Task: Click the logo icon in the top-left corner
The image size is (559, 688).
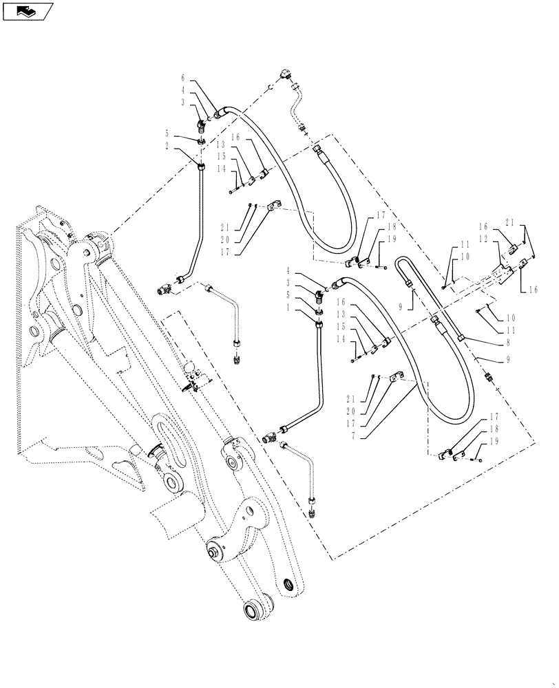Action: (x=26, y=10)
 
